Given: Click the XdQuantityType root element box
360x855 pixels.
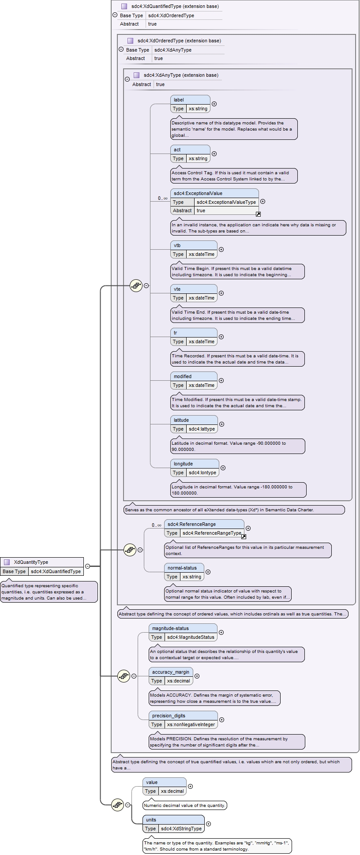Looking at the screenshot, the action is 42,566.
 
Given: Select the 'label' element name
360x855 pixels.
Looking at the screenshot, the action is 179,100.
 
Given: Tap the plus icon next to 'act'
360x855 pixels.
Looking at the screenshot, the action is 214,154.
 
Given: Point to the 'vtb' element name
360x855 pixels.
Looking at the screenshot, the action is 177,245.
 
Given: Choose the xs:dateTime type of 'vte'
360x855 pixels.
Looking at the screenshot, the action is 202,298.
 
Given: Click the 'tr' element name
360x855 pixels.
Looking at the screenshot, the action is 175,333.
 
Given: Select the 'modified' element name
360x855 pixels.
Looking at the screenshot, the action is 183,376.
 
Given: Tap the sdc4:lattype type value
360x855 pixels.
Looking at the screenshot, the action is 202,429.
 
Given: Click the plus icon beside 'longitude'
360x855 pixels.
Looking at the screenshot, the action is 223,468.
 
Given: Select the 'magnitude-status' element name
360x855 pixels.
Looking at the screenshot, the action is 170,628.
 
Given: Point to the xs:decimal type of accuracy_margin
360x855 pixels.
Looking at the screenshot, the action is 179,681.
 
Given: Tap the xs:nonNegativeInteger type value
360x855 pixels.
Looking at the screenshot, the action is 191,724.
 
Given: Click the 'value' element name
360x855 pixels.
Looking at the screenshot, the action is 152,782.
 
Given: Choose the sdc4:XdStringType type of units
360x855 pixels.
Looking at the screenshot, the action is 181,829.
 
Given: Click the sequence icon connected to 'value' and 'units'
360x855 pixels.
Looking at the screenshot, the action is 117,805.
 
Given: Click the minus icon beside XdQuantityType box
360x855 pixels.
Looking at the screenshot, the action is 87,566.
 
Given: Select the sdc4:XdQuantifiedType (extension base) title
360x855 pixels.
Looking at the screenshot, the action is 175,6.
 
